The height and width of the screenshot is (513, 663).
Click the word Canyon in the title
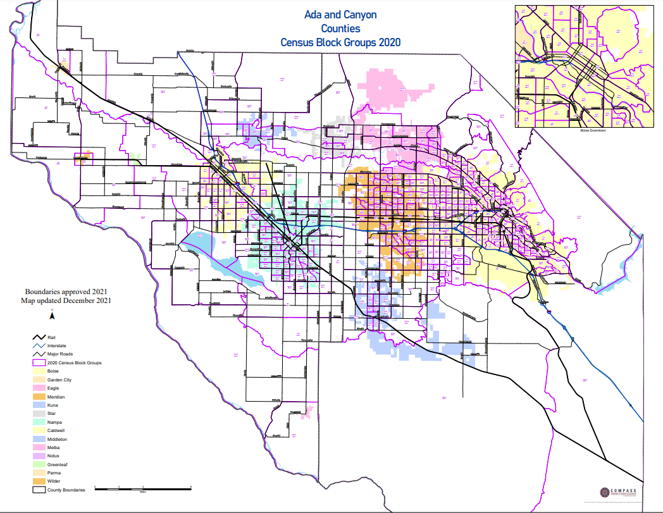click(360, 15)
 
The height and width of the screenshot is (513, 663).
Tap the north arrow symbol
click(53, 316)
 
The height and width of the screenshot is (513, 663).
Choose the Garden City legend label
click(65, 380)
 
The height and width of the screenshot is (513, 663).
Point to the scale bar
click(143, 488)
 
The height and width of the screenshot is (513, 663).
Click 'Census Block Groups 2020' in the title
click(340, 42)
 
